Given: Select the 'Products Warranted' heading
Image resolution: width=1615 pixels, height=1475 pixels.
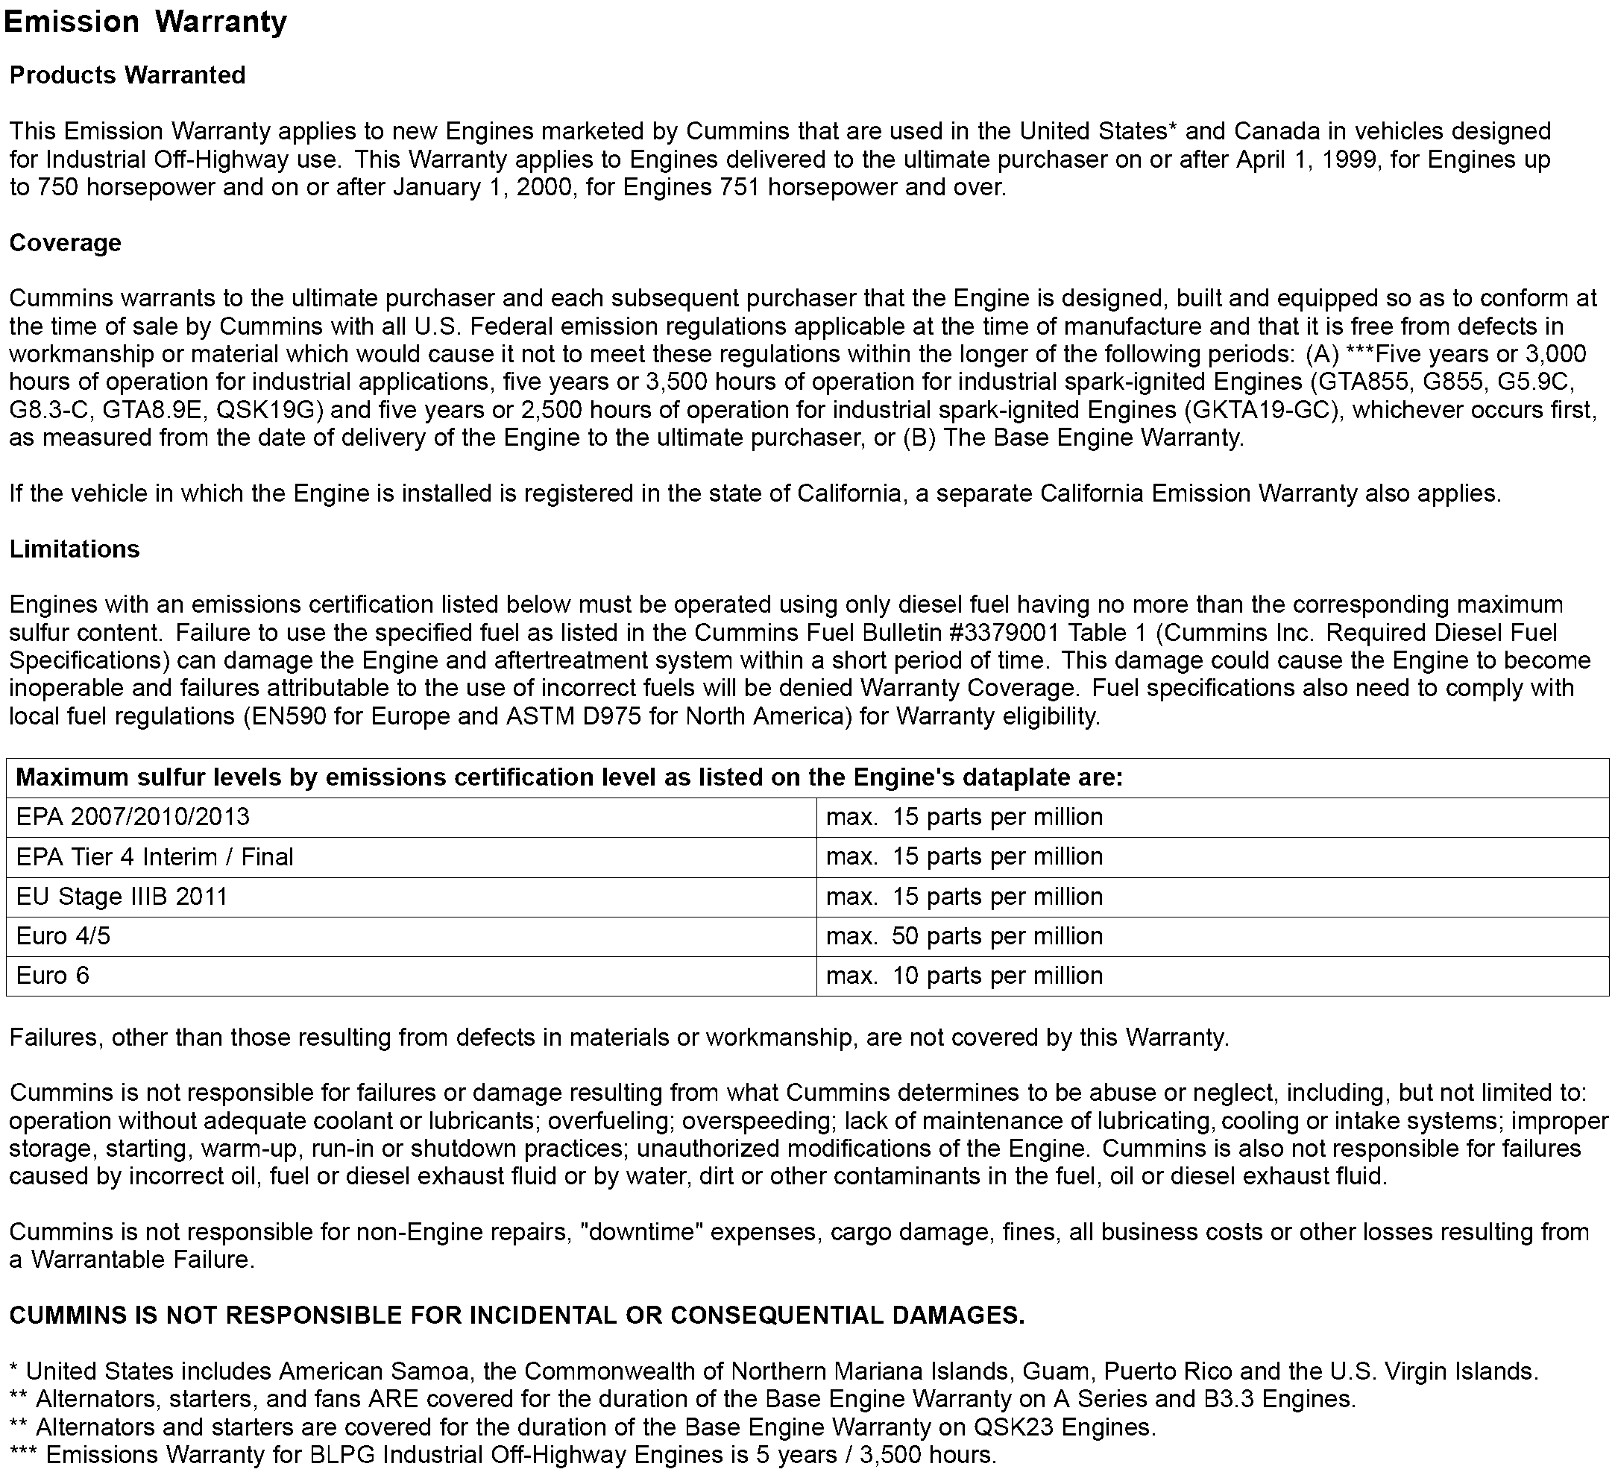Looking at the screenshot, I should click(x=127, y=75).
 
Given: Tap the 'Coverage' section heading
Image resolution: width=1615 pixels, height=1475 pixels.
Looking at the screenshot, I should click(x=65, y=243).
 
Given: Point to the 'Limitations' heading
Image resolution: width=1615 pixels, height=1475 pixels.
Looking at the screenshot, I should click(x=75, y=549).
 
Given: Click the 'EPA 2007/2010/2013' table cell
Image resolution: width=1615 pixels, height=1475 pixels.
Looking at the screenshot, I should click(x=133, y=817).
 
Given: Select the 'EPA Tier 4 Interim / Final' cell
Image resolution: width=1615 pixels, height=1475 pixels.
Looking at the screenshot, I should click(x=154, y=857).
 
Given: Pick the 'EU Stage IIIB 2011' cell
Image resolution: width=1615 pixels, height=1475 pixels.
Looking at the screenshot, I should click(x=122, y=896).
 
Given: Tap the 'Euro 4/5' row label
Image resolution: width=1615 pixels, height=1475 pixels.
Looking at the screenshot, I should click(x=63, y=936).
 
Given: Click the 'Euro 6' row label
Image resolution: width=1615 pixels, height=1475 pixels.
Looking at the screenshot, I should click(x=53, y=976).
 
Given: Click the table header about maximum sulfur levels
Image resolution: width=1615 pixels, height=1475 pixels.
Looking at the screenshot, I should click(x=569, y=777).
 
